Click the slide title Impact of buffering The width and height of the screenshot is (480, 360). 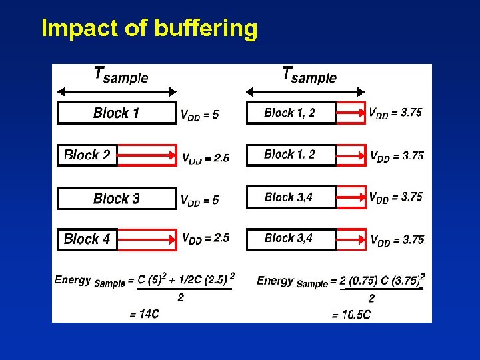click(x=149, y=29)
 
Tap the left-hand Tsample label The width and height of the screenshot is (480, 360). click(x=121, y=75)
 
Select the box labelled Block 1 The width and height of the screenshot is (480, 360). click(x=117, y=113)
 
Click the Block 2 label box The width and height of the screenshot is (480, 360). click(x=87, y=155)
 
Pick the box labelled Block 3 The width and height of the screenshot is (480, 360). click(x=117, y=199)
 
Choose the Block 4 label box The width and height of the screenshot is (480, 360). click(x=87, y=239)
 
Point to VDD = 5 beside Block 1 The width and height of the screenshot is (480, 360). click(x=199, y=115)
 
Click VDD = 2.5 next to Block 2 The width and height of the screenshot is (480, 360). click(x=205, y=158)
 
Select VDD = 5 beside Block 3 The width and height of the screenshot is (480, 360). click(x=199, y=200)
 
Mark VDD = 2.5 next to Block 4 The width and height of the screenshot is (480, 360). click(x=205, y=238)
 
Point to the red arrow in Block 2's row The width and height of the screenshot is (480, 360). click(x=146, y=155)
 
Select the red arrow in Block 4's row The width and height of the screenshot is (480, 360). click(x=146, y=239)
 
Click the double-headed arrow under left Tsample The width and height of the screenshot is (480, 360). click(x=117, y=92)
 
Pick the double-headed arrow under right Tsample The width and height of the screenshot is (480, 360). click(x=306, y=92)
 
